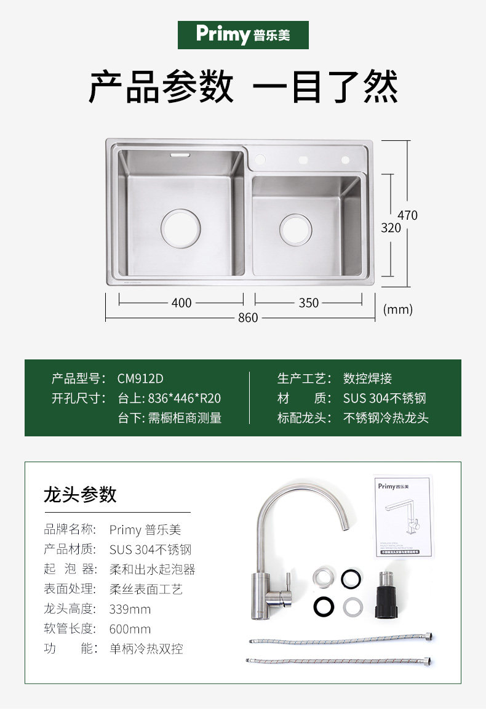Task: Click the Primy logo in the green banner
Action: click(243, 34)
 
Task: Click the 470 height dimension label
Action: click(407, 215)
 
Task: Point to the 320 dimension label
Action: click(391, 228)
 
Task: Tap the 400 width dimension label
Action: click(181, 303)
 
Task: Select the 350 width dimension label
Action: click(309, 303)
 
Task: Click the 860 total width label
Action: click(248, 318)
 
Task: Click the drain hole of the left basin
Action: click(180, 228)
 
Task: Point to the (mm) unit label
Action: click(397, 310)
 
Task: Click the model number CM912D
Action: click(140, 379)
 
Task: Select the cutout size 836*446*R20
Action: click(169, 398)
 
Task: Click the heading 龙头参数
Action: click(80, 494)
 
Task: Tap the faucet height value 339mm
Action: click(130, 609)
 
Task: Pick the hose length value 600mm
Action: click(130, 629)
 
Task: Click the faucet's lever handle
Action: click(287, 587)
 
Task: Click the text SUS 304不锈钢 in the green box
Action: click(384, 398)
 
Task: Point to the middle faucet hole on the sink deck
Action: click(303, 160)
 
